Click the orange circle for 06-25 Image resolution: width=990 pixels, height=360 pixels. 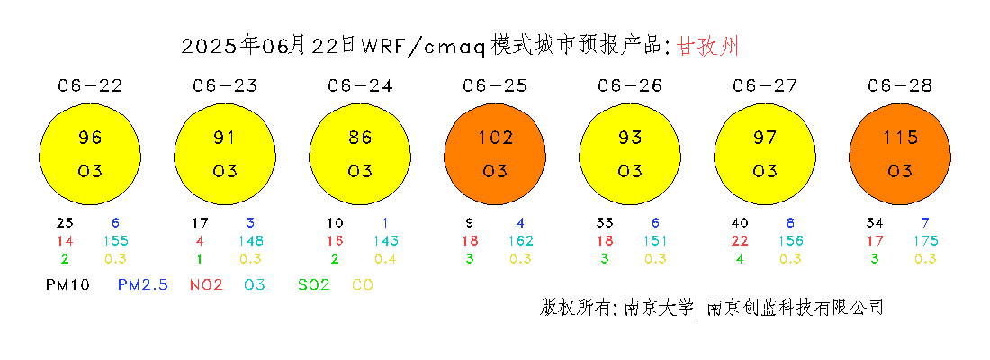[x=496, y=155]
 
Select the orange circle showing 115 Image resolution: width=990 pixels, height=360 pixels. [x=900, y=155]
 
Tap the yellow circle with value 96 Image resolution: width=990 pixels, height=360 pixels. [x=90, y=155]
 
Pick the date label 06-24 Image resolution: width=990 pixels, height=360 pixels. [x=360, y=85]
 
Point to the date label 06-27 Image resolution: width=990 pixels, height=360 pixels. [x=765, y=85]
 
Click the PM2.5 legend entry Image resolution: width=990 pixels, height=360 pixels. [x=143, y=284]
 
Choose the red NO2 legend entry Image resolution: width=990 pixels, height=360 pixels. [x=206, y=284]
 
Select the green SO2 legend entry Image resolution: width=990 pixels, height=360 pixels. [x=314, y=284]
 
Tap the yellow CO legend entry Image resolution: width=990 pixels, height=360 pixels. [x=362, y=284]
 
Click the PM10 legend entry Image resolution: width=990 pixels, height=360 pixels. [x=67, y=284]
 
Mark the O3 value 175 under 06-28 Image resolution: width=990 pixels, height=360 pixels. [x=925, y=240]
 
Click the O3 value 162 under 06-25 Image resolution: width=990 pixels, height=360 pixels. [x=521, y=240]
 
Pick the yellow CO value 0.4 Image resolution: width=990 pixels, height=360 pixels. [x=385, y=258]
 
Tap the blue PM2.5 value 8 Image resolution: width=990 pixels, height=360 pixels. [x=791, y=223]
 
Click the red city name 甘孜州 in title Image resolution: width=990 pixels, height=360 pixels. [x=707, y=46]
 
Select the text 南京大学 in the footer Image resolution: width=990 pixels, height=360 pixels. [x=658, y=308]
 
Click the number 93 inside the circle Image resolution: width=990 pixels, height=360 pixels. [x=630, y=137]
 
